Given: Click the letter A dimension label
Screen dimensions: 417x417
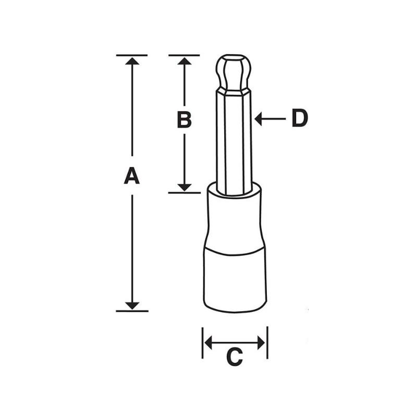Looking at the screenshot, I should [132, 176].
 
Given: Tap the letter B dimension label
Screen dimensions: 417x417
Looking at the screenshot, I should [184, 120].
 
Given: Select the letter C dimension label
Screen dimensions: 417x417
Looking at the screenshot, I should [235, 358].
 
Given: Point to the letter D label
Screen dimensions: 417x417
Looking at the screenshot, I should [300, 119].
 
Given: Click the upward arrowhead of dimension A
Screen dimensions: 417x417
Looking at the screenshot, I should [132, 61].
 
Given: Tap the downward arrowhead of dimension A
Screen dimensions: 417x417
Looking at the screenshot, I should [132, 304].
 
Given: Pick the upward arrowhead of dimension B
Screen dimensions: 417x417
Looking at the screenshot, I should [184, 61].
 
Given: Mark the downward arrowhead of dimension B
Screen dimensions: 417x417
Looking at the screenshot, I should [184, 187].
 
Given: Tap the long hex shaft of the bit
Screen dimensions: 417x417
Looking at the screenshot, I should [235, 141].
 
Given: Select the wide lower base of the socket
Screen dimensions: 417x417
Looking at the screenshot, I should [235, 281].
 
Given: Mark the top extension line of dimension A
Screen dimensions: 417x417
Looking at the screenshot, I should [132, 55].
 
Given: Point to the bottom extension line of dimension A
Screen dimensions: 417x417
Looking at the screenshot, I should [132, 311].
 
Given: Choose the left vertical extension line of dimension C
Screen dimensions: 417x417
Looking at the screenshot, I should [202, 343].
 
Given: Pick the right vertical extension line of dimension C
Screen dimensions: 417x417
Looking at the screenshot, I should [267, 343].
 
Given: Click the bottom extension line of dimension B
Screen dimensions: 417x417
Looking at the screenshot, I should [184, 192].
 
